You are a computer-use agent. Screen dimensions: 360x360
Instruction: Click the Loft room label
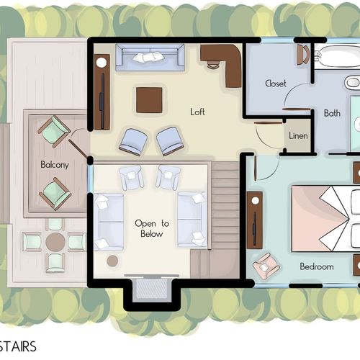coord(197,112)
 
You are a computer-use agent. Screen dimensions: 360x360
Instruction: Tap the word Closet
coord(276,84)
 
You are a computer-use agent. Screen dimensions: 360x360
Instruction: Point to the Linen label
coord(298,135)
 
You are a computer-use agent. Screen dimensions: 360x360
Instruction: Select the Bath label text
coord(332,113)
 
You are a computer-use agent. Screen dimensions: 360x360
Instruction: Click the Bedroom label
coord(317,266)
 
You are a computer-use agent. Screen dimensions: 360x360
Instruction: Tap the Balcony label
coord(55,165)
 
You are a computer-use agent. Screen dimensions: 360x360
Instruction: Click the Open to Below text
coord(152,228)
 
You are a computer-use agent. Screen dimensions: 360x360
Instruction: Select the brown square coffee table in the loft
coord(149,100)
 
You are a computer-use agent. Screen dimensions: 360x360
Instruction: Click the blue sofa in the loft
coord(150,58)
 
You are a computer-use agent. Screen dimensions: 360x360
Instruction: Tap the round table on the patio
coord(55,242)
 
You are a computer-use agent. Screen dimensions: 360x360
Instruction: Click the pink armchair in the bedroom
coord(266,266)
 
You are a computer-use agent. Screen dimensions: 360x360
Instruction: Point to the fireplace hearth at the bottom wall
coord(152,289)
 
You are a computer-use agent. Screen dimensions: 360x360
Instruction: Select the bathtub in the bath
coord(337,57)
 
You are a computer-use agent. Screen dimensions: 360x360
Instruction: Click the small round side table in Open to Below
coord(112,261)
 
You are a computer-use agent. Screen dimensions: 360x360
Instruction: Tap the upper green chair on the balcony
coord(54,131)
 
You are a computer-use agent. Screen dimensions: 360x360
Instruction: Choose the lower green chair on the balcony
coord(55,194)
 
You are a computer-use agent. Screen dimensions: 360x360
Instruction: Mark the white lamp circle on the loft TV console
coord(102,63)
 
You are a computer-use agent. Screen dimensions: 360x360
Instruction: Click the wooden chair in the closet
coord(303,55)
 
